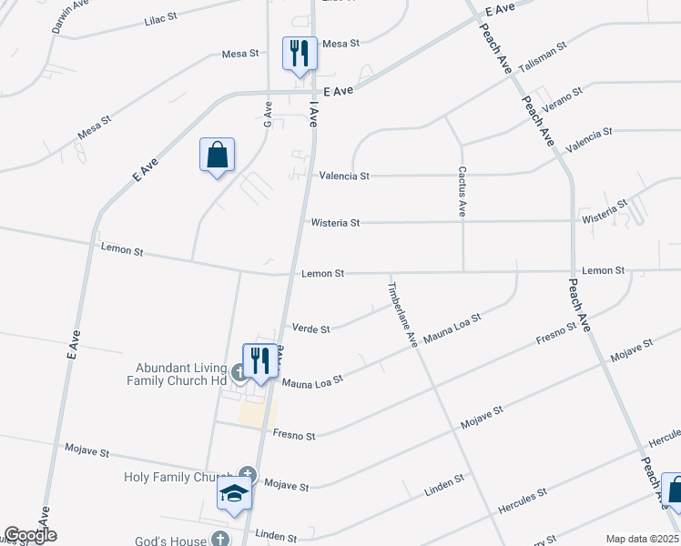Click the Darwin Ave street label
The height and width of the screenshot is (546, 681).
62,17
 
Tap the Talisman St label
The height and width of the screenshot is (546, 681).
542,56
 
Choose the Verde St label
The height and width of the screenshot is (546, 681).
310,329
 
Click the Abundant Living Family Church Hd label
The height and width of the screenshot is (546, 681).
180,374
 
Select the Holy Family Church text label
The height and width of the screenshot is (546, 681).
178,477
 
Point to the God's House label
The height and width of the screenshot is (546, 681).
177,541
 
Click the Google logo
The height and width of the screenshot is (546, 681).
31,535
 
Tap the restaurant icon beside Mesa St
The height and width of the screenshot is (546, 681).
299,54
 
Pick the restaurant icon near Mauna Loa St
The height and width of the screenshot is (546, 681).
259,361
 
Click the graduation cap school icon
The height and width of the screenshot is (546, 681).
233,495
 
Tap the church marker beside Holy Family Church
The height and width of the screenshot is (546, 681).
247,472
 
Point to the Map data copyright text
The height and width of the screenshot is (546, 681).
641,539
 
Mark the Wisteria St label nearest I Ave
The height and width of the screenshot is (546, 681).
336,222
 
